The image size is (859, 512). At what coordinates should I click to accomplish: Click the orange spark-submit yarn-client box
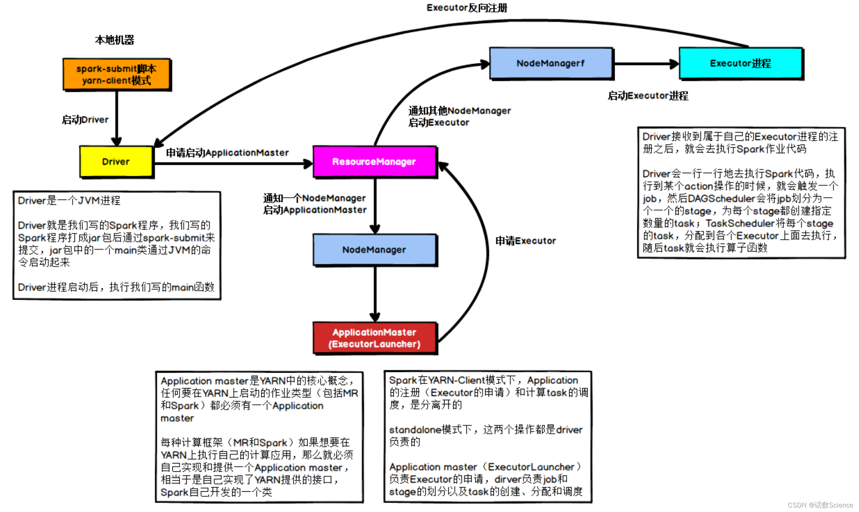point(117,75)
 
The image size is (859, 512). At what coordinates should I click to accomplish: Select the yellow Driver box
point(116,162)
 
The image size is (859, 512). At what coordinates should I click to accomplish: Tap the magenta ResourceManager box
point(375,162)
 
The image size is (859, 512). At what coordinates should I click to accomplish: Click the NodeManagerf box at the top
point(551,63)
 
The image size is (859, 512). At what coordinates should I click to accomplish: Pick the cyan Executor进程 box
point(741,63)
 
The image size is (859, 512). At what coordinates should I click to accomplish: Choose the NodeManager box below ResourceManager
point(375,250)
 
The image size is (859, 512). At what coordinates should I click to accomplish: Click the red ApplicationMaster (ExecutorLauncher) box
point(375,338)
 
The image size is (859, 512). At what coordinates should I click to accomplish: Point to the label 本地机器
point(114,40)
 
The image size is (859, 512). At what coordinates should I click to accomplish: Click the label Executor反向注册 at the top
point(467,8)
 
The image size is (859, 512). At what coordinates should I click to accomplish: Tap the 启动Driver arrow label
point(85,120)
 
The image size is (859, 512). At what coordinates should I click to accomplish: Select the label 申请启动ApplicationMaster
point(227,152)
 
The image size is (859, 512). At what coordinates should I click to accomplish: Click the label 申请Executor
point(525,241)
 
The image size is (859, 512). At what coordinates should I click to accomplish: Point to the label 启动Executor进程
point(648,96)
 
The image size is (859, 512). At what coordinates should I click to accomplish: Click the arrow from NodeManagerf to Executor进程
point(646,64)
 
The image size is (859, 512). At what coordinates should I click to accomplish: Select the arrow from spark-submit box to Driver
point(117,118)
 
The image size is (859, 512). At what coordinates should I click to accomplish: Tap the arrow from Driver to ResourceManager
point(233,163)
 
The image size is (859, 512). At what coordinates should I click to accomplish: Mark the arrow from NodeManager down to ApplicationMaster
point(375,294)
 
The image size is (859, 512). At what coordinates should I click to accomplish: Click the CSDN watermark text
point(820,505)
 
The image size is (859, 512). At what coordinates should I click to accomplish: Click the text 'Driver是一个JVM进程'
point(69,200)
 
